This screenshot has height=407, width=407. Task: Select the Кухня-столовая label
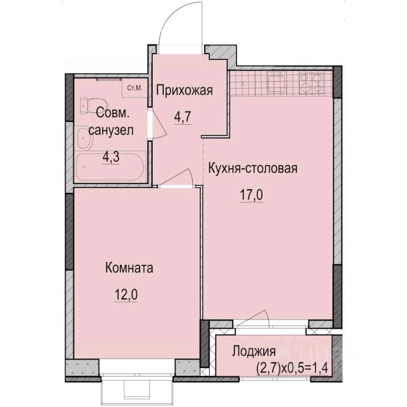click(253, 168)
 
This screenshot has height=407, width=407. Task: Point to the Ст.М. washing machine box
click(135, 89)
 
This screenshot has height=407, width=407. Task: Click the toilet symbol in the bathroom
click(87, 104)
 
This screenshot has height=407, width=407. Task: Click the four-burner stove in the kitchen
click(312, 83)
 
